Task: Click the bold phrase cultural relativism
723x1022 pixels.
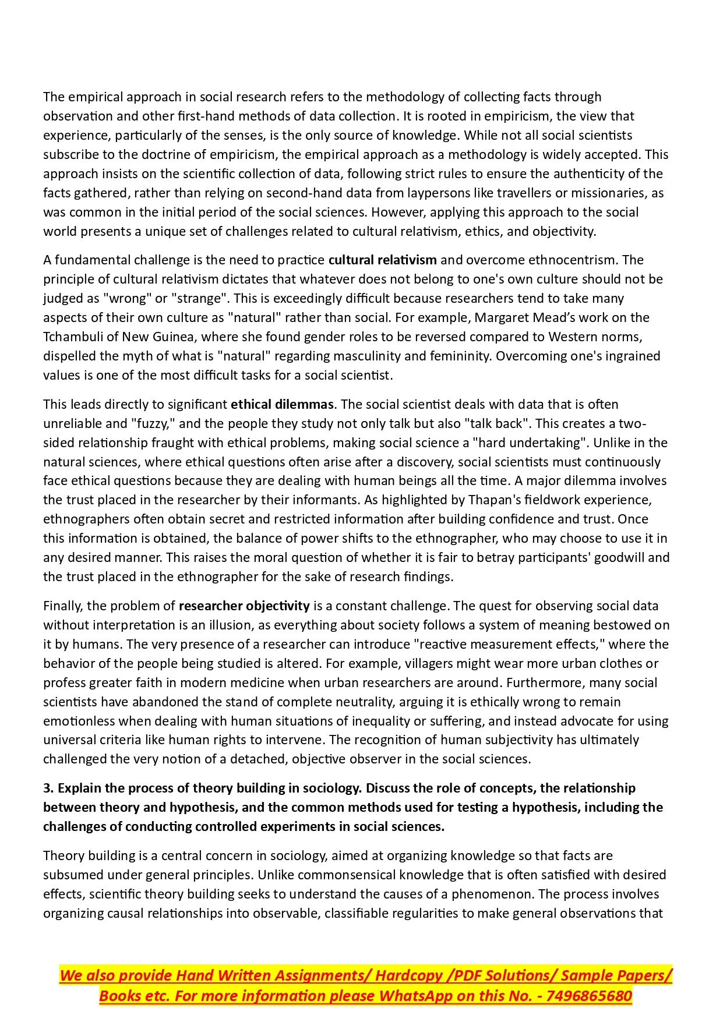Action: tap(382, 260)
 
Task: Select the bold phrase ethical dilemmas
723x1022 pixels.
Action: tap(282, 404)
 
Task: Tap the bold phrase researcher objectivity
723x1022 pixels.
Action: tap(244, 606)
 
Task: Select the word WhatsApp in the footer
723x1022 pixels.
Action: tap(416, 996)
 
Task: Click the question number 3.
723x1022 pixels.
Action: tap(48, 788)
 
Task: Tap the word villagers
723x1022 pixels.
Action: tap(395, 663)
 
